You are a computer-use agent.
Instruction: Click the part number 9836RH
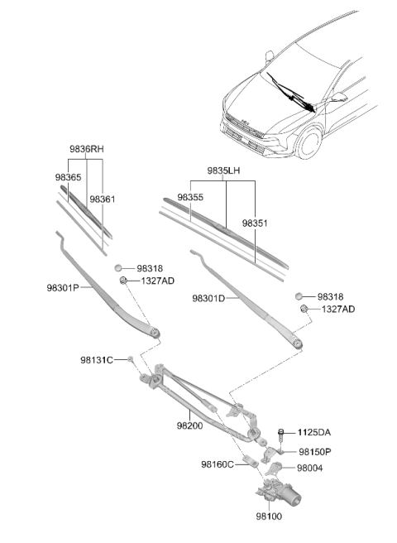tap(87, 149)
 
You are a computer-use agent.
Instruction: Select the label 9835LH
tap(223, 171)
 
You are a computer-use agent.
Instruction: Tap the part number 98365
tap(68, 177)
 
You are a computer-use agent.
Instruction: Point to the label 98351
tap(255, 223)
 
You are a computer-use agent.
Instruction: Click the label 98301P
tap(63, 288)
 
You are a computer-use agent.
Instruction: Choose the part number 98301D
tap(208, 298)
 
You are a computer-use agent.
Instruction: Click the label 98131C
tap(97, 360)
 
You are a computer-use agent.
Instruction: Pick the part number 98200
tap(189, 425)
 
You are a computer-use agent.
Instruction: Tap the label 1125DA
tap(314, 433)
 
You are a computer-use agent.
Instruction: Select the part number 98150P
tap(315, 452)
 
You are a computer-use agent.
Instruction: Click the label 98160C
tap(218, 464)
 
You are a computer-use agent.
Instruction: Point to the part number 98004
tap(310, 469)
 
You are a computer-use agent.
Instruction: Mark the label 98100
tap(269, 517)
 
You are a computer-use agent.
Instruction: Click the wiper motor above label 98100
tap(278, 492)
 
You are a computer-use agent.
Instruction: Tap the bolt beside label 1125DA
tap(281, 435)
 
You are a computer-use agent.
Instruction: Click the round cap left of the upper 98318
tap(118, 268)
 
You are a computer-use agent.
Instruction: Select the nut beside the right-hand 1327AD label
tap(304, 309)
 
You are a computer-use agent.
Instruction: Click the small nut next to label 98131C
tap(131, 358)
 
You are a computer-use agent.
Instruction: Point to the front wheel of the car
tap(309, 142)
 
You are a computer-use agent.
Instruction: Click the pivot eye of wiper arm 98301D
tap(298, 344)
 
